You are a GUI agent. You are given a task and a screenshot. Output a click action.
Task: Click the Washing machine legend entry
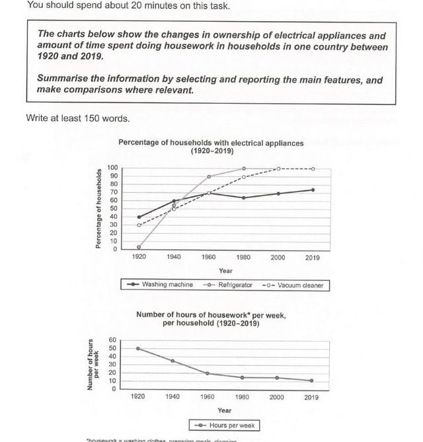[163, 285]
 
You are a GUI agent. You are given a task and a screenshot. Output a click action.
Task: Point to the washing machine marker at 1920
[138, 217]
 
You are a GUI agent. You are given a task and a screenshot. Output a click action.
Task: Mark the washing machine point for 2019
[313, 190]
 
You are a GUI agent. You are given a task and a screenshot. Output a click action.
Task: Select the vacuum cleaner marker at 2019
[313, 168]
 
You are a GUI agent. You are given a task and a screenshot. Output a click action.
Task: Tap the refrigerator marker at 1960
[209, 176]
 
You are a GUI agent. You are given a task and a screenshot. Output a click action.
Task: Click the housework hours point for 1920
[138, 348]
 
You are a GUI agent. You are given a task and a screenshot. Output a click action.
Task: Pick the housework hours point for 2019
[311, 381]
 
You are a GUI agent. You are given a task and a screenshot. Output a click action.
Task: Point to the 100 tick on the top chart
[112, 168]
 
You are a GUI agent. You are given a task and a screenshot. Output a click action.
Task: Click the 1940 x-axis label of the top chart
[173, 258]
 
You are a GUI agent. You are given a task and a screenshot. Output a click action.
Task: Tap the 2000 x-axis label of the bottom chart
[277, 397]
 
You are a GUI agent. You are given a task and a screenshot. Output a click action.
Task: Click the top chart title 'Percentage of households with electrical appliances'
[211, 142]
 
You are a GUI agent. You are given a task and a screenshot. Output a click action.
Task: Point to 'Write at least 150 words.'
[77, 119]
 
